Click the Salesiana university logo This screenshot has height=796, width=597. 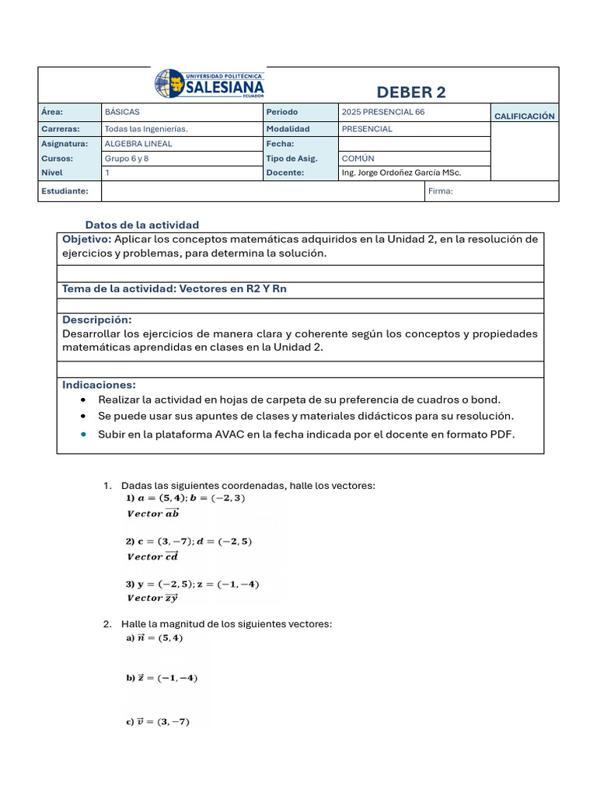[x=210, y=83]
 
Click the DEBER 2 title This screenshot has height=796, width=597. [x=411, y=93]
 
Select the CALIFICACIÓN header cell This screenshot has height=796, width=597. [x=524, y=116]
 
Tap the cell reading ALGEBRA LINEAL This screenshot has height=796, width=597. [x=138, y=144]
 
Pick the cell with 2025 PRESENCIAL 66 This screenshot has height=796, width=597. [x=383, y=112]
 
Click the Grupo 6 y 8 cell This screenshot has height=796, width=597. [x=126, y=158]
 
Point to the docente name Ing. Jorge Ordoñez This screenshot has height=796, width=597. [x=401, y=173]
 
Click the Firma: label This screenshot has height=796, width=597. [x=441, y=190]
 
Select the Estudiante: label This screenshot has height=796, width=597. [x=65, y=190]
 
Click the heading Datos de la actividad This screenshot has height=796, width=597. [x=142, y=225]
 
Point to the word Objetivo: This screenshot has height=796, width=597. [x=86, y=239]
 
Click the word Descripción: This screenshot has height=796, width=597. [x=96, y=319]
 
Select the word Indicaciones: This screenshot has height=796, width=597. [x=99, y=385]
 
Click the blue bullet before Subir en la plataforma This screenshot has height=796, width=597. [x=84, y=435]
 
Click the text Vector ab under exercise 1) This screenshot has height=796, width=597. [x=152, y=513]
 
